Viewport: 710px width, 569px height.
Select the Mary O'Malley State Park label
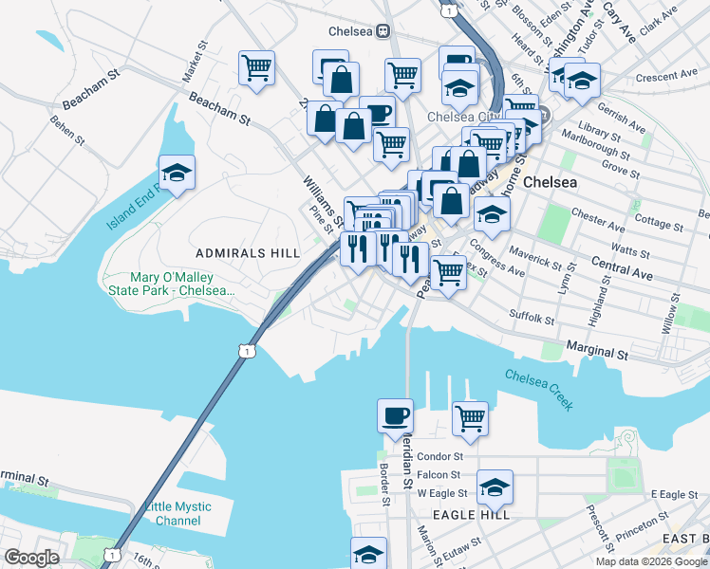point(170,284)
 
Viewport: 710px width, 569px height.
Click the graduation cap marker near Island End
point(177,174)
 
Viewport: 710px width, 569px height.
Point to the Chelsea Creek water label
point(539,390)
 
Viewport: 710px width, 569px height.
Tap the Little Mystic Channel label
point(179,513)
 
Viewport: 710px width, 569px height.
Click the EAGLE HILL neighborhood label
point(471,514)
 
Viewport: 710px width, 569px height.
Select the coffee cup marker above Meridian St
point(395,415)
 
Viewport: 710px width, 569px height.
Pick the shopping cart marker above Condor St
point(470,417)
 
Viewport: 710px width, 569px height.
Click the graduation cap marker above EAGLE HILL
point(495,487)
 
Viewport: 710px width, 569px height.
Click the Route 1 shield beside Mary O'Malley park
point(248,351)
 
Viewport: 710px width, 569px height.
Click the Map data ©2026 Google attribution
point(651,561)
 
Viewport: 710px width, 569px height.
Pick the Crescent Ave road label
point(667,77)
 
